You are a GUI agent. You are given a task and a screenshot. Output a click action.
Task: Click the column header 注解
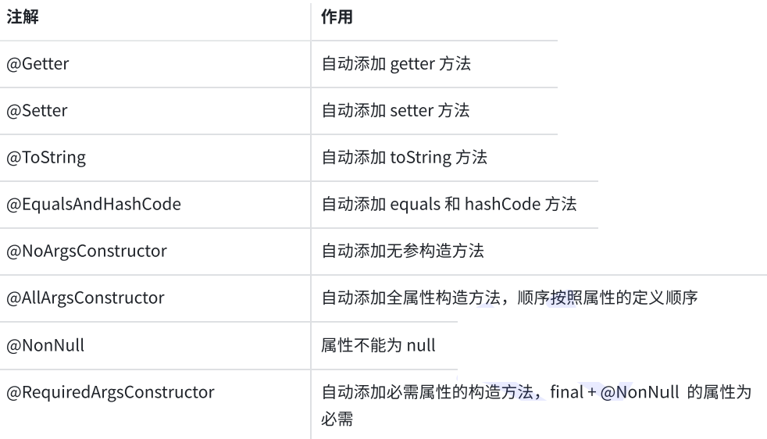(23, 17)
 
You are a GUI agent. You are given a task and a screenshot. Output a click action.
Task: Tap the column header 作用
(337, 17)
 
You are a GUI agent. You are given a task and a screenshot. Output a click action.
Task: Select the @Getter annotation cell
(37, 64)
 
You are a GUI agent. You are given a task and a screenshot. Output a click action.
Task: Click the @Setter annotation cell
(37, 111)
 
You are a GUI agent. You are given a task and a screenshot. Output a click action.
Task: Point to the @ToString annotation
(46, 158)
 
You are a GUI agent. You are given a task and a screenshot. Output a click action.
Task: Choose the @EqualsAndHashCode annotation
(94, 204)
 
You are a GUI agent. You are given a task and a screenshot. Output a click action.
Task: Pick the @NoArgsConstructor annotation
(87, 251)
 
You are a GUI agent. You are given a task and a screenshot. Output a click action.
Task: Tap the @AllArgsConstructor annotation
(86, 298)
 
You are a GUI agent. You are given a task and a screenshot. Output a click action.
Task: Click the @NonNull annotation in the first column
(45, 345)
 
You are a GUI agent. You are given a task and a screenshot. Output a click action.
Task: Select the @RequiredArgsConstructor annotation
(111, 392)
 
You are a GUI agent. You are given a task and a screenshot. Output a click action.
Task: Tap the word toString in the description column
(421, 158)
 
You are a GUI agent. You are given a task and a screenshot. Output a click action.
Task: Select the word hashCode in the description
(502, 204)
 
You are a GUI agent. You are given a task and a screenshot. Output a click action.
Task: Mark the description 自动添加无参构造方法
(402, 251)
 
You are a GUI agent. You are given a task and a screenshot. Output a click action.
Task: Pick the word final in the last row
(567, 392)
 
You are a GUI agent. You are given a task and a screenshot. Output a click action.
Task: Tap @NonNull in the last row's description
(640, 392)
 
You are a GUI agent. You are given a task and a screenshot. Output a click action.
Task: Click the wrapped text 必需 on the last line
(337, 419)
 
